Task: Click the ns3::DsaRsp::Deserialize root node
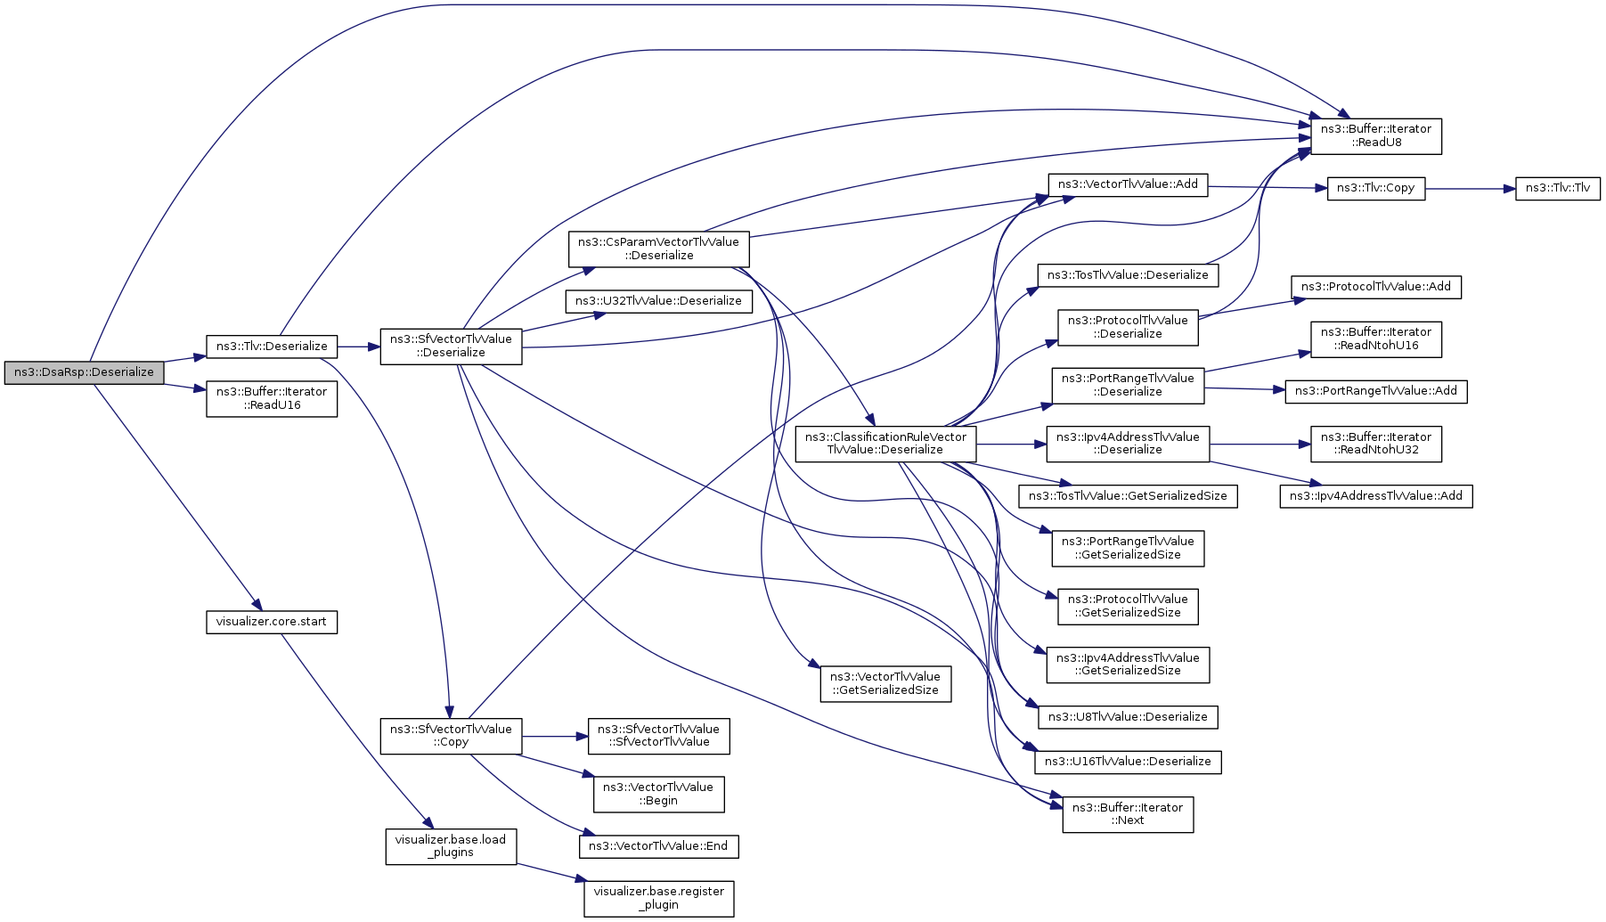point(84,372)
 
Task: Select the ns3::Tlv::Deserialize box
point(272,347)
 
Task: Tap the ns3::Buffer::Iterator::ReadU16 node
point(272,398)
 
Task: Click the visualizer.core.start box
point(272,622)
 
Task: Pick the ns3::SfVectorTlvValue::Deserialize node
point(451,346)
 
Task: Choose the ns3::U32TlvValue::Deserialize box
point(658,301)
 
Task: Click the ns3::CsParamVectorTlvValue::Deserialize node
point(658,249)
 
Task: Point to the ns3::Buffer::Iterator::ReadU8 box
point(1375,135)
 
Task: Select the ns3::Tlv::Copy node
point(1375,188)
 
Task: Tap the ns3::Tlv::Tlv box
point(1557,188)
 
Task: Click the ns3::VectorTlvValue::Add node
point(1128,184)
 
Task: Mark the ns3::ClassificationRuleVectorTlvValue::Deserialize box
point(885,444)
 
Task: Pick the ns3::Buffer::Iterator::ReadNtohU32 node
point(1375,444)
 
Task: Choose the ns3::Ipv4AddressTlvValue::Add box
point(1375,496)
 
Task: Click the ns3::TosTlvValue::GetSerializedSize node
point(1128,496)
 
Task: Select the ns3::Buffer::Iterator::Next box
point(1128,814)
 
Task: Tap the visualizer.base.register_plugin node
point(658,898)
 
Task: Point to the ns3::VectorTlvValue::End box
point(658,846)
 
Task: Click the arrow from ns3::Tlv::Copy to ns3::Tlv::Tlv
point(1470,189)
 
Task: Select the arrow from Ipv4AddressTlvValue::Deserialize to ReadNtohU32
point(1260,444)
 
